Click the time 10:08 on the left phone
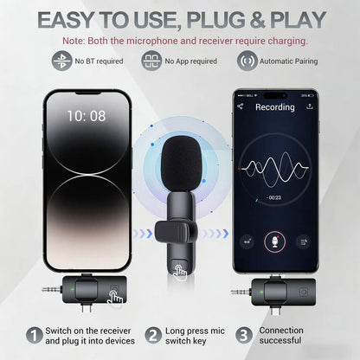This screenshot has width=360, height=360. [x=87, y=114]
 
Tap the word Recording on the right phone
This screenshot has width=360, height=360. [x=274, y=107]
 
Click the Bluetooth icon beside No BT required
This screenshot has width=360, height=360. [x=61, y=61]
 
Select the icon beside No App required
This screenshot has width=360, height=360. [x=152, y=61]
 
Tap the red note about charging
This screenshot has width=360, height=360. [x=179, y=40]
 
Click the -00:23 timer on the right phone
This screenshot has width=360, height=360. [x=274, y=198]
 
